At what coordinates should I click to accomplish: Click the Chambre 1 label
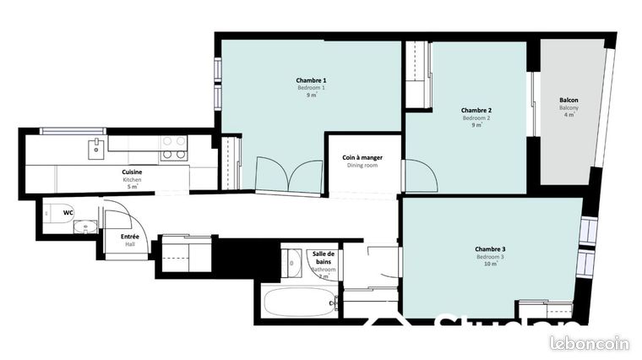(311, 79)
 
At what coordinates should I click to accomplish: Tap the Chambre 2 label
(476, 110)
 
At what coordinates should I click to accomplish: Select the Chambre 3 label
(490, 248)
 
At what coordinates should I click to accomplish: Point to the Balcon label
(569, 100)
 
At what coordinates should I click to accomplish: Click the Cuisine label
(133, 172)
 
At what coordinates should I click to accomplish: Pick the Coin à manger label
(361, 157)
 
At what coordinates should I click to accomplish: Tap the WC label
(68, 212)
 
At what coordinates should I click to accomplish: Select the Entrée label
(130, 237)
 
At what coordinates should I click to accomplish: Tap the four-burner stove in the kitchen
(174, 148)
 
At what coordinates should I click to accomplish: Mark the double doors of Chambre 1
(289, 174)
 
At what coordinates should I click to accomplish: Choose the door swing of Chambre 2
(420, 176)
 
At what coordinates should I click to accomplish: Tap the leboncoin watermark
(590, 342)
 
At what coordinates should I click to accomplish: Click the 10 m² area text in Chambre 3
(490, 265)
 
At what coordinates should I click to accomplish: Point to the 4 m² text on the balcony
(569, 115)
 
